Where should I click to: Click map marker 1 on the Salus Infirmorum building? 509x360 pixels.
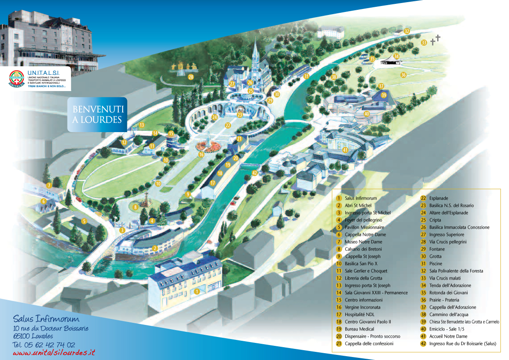coord(197,292)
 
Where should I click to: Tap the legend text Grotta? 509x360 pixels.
coord(436,257)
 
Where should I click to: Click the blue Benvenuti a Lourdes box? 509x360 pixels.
coord(97,114)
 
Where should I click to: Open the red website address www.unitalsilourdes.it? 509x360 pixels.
coord(54,353)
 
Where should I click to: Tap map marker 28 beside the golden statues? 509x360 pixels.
coord(191,77)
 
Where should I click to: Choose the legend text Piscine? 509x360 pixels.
coord(436,264)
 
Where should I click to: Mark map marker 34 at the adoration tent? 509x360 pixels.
coord(397,56)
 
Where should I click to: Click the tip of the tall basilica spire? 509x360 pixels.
coord(256,38)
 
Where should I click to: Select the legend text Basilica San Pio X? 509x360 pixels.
coord(361,264)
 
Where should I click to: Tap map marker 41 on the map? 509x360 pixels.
coord(345,150)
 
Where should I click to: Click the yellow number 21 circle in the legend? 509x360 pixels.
coord(338,344)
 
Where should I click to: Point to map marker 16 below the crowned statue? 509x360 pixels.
coord(201,154)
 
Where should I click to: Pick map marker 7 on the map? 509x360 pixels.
coord(49,186)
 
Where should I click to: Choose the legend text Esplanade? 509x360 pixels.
coord(439,198)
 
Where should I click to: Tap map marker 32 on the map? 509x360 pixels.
coord(407,31)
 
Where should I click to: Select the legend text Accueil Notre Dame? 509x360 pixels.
coord(448,336)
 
